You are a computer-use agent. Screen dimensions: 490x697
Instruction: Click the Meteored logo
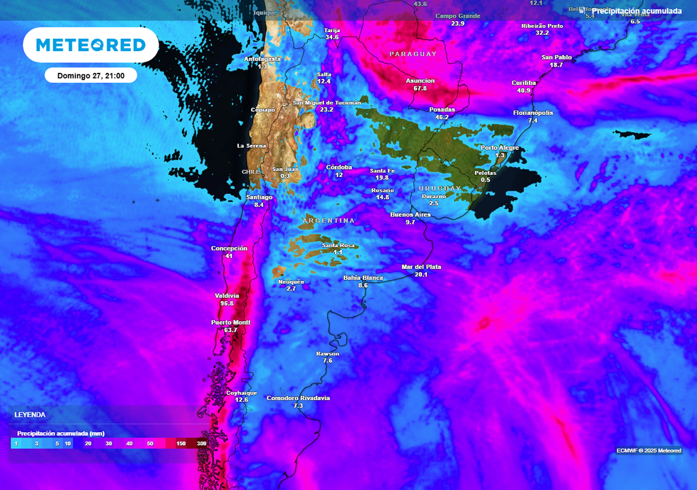pos(91,45)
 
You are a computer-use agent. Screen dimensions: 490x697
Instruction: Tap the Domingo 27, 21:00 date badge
pos(91,75)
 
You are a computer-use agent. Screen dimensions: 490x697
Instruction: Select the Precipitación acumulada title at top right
pos(636,11)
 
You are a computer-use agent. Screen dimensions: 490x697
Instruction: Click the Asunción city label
pos(420,80)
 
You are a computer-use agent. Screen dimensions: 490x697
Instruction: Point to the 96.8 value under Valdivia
pos(227,304)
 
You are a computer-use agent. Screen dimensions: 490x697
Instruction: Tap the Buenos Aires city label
pos(410,214)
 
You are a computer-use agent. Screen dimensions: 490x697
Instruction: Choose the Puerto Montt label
pos(231,322)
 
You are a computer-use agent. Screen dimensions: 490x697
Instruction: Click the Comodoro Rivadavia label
pos(298,397)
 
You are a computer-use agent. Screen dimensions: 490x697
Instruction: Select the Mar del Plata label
pos(421,267)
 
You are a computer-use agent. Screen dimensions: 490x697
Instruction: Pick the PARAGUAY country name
pos(413,53)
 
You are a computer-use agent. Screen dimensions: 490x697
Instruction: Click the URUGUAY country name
pos(440,188)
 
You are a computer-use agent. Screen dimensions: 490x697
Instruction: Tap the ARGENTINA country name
pos(329,220)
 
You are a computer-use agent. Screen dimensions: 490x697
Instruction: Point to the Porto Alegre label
pos(500,148)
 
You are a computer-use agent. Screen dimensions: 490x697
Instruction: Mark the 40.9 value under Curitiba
pos(523,91)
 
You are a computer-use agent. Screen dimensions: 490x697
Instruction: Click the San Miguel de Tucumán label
pos(327,102)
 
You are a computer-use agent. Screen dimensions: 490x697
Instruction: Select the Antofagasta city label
pos(262,59)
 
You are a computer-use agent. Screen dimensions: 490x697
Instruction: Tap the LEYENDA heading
pos(30,414)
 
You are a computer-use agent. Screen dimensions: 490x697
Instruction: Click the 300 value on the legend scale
pos(201,444)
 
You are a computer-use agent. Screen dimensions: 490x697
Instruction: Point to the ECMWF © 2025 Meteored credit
pos(649,451)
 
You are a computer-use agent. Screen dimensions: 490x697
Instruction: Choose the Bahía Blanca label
pos(363,278)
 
